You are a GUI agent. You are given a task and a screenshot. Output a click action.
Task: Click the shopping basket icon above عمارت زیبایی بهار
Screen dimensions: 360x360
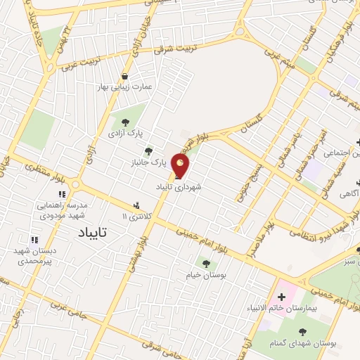pyautogui.click(x=125, y=77)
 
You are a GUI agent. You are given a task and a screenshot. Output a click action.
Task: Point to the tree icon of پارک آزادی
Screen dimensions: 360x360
pyautogui.click(x=126, y=122)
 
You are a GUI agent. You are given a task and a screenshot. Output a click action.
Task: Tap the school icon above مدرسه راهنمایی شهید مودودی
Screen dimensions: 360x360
pyautogui.click(x=62, y=194)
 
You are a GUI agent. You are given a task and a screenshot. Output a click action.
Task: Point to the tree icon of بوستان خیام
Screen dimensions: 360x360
pyautogui.click(x=205, y=264)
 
